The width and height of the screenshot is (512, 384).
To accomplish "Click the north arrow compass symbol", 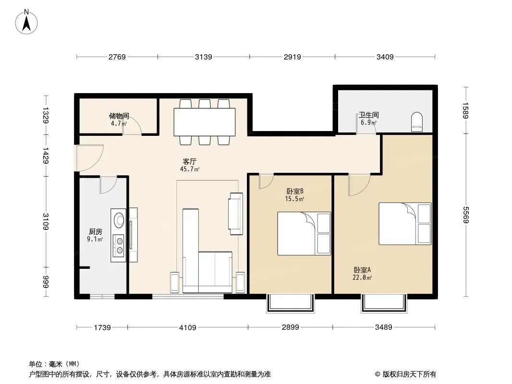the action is [x=26, y=22].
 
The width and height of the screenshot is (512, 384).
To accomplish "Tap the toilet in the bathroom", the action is [x=416, y=122].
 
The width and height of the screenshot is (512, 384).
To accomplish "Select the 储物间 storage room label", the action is [x=119, y=116].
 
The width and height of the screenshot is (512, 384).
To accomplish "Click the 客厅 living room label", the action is [x=189, y=161].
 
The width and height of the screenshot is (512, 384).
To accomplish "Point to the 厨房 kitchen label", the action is [x=96, y=232].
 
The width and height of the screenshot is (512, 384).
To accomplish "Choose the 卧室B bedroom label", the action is [x=295, y=191].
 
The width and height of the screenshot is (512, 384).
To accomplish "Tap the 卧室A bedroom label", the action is [x=362, y=270].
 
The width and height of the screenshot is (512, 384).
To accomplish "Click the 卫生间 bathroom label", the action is [x=369, y=115].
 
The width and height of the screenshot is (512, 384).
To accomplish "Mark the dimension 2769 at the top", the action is [x=117, y=57].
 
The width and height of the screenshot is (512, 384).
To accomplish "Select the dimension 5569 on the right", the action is [x=465, y=215].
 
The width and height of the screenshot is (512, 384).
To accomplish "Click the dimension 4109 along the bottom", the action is [x=188, y=327].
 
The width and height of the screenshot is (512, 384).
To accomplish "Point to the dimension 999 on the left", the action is [x=45, y=282].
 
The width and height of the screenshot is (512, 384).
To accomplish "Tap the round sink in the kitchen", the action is [x=119, y=220].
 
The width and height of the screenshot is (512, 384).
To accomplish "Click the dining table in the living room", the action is [x=205, y=122].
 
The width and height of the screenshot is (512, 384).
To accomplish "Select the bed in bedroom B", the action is [x=304, y=234].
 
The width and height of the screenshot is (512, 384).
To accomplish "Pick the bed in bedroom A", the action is [x=405, y=224].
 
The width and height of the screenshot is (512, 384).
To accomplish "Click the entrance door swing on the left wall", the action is [x=90, y=158].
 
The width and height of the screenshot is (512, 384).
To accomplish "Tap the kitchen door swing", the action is [x=108, y=185].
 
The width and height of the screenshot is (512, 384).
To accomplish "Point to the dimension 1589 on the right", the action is [x=465, y=110].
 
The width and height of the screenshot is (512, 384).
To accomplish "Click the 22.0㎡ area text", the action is [x=362, y=278].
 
